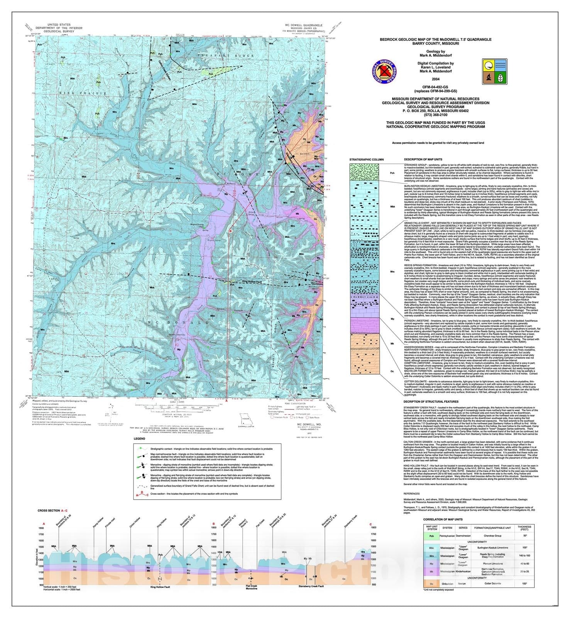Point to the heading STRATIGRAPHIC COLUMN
(x=366, y=160)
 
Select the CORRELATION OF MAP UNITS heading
(x=443, y=520)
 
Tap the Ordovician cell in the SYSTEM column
(x=447, y=584)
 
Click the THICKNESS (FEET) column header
(x=524, y=528)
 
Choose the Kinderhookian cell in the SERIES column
(x=463, y=571)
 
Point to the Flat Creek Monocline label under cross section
(x=251, y=587)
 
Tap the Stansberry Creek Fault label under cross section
(x=311, y=586)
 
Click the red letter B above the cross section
(x=213, y=524)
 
